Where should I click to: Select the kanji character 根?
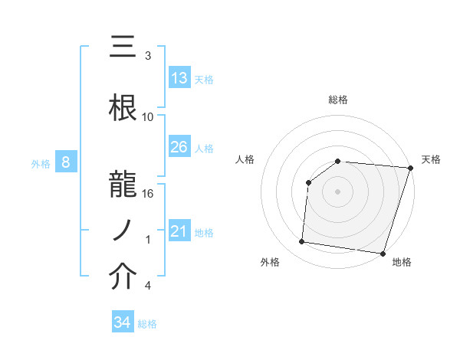(x=123, y=106)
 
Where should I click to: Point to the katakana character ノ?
(x=123, y=229)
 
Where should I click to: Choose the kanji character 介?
(x=123, y=278)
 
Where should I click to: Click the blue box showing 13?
(x=179, y=78)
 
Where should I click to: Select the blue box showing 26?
(x=179, y=147)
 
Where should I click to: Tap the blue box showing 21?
(x=179, y=231)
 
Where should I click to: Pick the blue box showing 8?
(x=66, y=162)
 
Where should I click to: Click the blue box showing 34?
(x=123, y=322)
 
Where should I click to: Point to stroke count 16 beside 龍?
(x=149, y=193)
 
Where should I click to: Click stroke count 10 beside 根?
(x=149, y=116)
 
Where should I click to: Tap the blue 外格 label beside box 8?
(x=40, y=163)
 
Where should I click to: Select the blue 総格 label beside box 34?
(x=148, y=323)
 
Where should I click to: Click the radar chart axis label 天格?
(x=431, y=159)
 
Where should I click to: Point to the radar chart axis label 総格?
(x=337, y=100)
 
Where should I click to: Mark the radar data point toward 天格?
(x=410, y=168)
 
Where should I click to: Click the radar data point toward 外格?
(x=302, y=242)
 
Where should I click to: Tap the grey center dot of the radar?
(x=337, y=191)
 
